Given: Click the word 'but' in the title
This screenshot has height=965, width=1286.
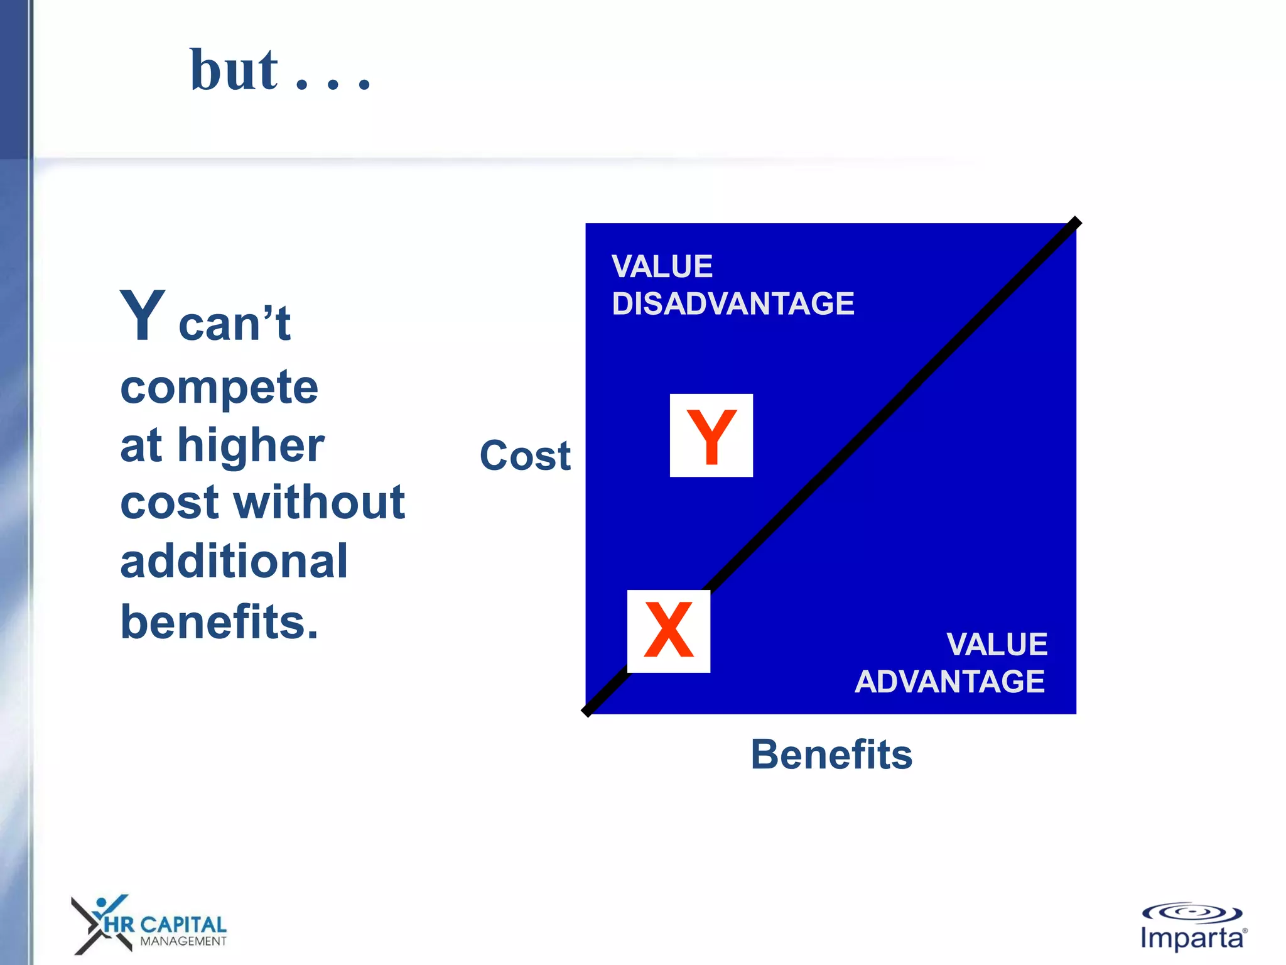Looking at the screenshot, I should pyautogui.click(x=234, y=70).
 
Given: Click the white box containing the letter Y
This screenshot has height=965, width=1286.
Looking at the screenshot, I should pyautogui.click(x=711, y=435).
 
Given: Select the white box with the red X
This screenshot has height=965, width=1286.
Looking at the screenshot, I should pyautogui.click(x=669, y=631).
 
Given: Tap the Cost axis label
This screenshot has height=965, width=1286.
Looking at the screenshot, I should pyautogui.click(x=525, y=455).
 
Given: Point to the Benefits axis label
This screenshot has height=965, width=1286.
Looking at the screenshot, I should pyautogui.click(x=831, y=754).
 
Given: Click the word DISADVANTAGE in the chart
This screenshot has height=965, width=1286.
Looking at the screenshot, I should pyautogui.click(x=733, y=304).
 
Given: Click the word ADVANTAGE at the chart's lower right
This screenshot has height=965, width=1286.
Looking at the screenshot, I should pyautogui.click(x=949, y=682).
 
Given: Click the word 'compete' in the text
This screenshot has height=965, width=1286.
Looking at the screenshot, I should pyautogui.click(x=219, y=387).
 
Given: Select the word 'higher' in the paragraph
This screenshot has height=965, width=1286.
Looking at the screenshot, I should pyautogui.click(x=251, y=445).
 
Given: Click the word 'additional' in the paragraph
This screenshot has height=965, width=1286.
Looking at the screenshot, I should pyautogui.click(x=234, y=561).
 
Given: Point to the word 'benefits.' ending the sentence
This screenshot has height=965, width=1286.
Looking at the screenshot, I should pyautogui.click(x=219, y=621).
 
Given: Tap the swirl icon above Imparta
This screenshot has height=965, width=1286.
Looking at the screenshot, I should pyautogui.click(x=1191, y=913).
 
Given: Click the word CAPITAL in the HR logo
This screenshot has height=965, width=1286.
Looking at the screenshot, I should pyautogui.click(x=183, y=924).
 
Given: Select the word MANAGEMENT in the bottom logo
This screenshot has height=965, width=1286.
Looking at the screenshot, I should pyautogui.click(x=183, y=941).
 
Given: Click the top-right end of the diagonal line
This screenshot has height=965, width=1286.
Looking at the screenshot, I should pyautogui.click(x=1076, y=222).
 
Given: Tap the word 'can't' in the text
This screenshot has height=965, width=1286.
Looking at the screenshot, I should pyautogui.click(x=234, y=324).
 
